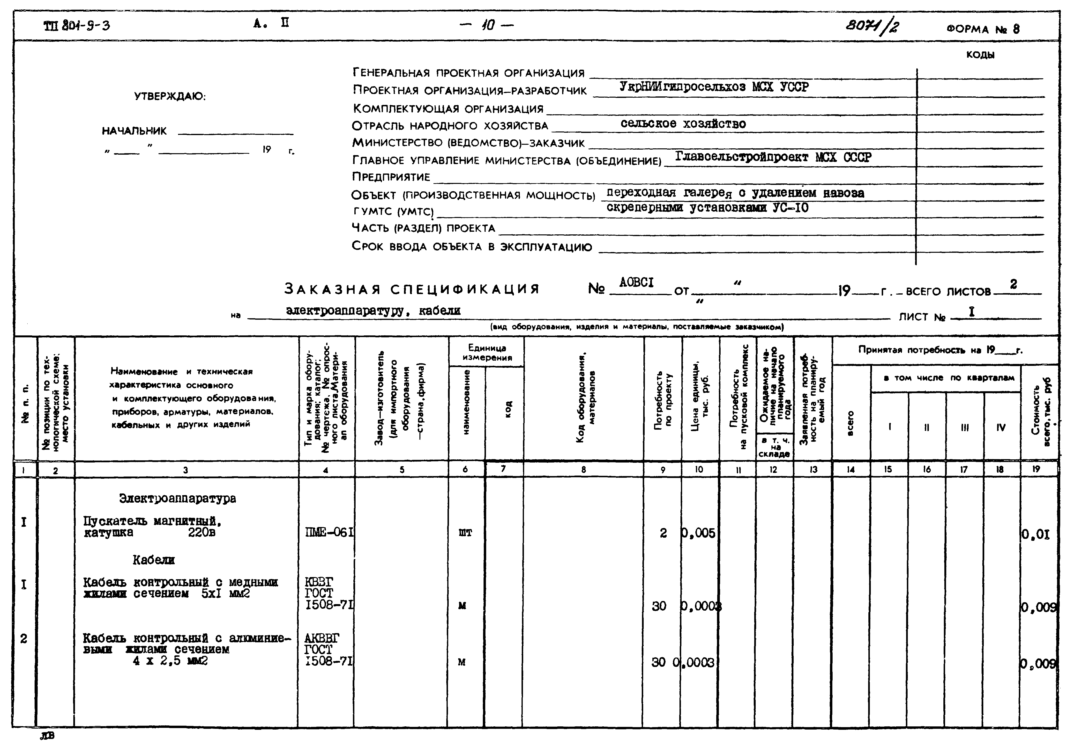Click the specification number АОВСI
pos(636,282)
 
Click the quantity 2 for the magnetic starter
pos(663,533)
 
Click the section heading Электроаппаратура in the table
pos(178,499)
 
